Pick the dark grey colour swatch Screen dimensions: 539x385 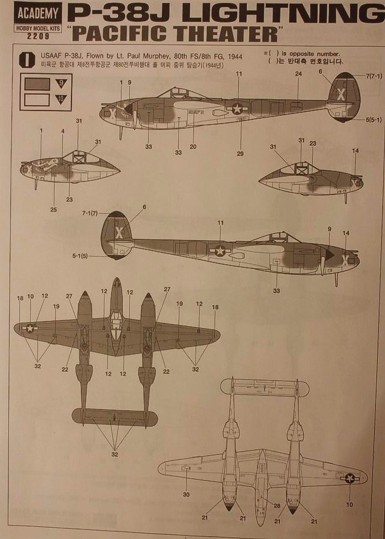[37, 83]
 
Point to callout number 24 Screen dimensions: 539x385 [298, 74]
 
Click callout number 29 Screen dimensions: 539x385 [240, 154]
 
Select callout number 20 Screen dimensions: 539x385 [192, 147]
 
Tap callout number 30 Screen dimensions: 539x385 [187, 494]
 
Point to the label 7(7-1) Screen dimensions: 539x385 [374, 76]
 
